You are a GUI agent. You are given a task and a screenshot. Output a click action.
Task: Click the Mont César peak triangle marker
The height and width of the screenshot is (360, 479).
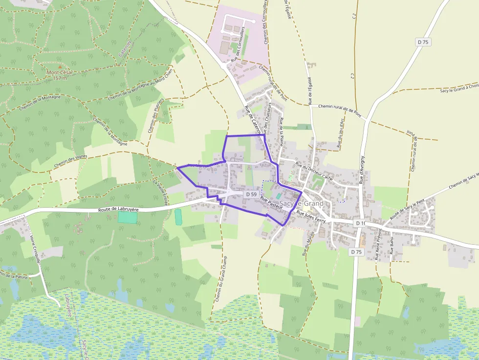pos(60,66)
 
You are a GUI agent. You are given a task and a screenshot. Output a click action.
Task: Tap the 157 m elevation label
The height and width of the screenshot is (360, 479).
pos(60,78)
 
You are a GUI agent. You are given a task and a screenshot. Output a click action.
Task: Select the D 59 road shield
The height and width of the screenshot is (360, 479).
pos(251,194)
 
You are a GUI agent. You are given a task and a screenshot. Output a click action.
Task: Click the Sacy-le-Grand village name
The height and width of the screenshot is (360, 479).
pos(301,203)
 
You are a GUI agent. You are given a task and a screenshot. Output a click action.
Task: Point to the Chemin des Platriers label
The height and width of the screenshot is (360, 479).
pos(155,116)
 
